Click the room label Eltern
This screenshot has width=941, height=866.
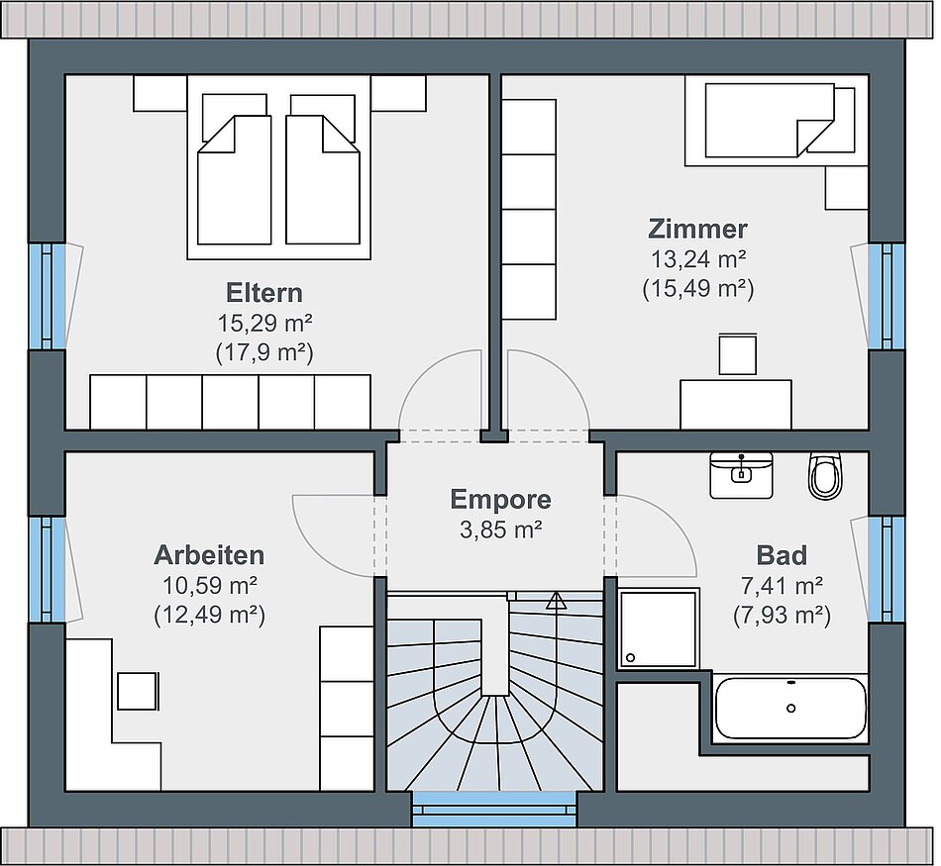[x=264, y=293]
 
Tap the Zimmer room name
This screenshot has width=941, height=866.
[x=698, y=229]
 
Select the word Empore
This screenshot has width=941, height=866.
[x=500, y=500]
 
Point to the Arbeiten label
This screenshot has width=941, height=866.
[x=209, y=555]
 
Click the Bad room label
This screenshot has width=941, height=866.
[x=782, y=555]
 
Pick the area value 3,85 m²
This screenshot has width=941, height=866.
[x=501, y=529]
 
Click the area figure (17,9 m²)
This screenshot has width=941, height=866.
[x=264, y=353]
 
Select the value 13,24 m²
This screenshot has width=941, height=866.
[x=698, y=259]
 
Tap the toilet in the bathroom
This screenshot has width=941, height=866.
[x=826, y=475]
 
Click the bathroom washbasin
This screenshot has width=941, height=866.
[x=741, y=475]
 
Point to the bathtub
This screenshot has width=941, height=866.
[x=789, y=709]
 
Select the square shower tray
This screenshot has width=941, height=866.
[x=660, y=627]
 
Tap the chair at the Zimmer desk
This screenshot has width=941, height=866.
[x=738, y=354]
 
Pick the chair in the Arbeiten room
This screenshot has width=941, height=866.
[x=138, y=691]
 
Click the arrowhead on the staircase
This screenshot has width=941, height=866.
[x=556, y=601]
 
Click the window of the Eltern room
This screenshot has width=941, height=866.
[x=47, y=296]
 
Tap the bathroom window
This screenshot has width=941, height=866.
[x=887, y=569]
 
